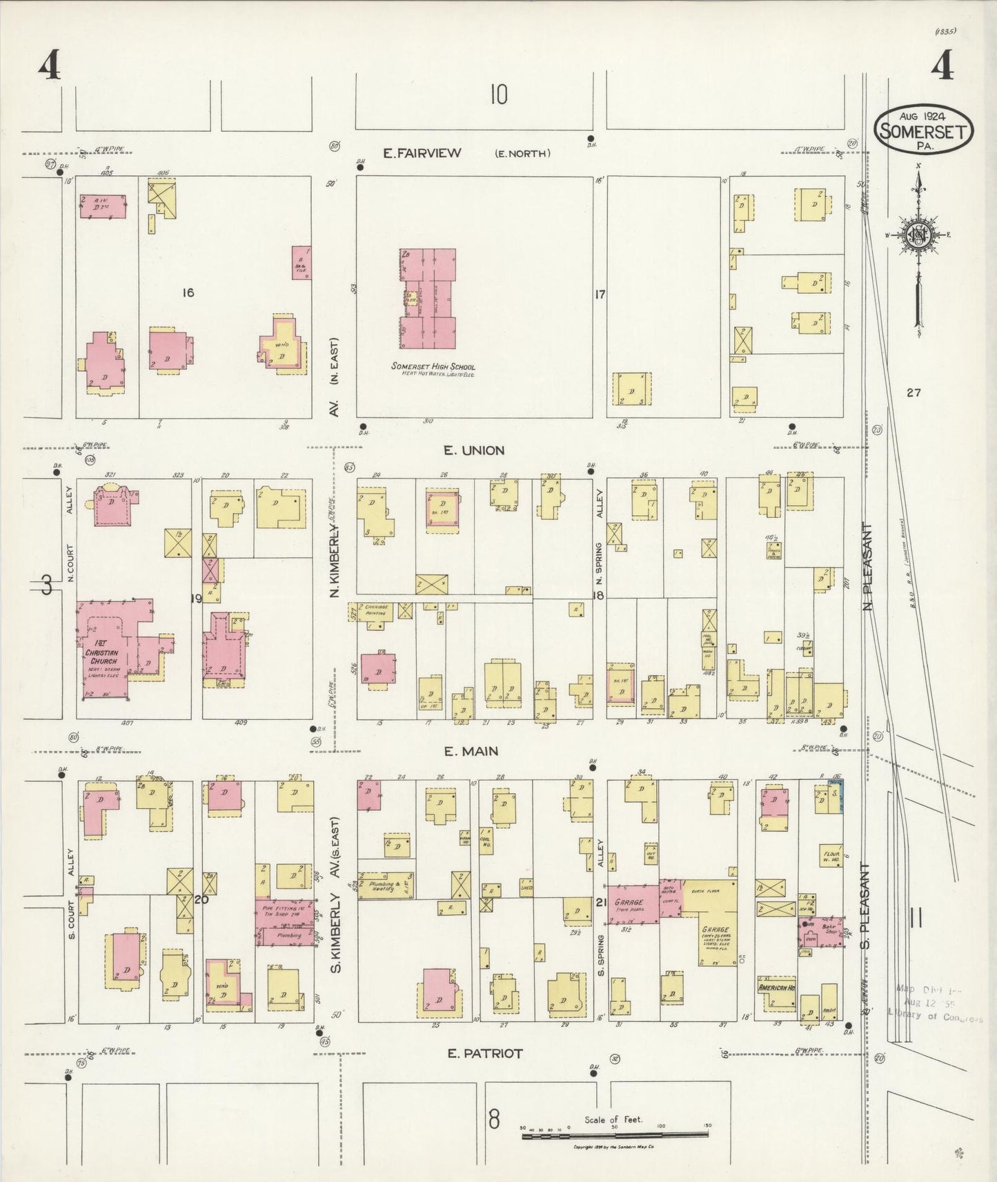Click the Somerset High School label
click(x=433, y=366)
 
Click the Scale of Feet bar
click(x=615, y=1135)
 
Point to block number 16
click(x=187, y=293)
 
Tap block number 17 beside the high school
click(x=599, y=294)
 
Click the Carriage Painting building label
click(x=376, y=610)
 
